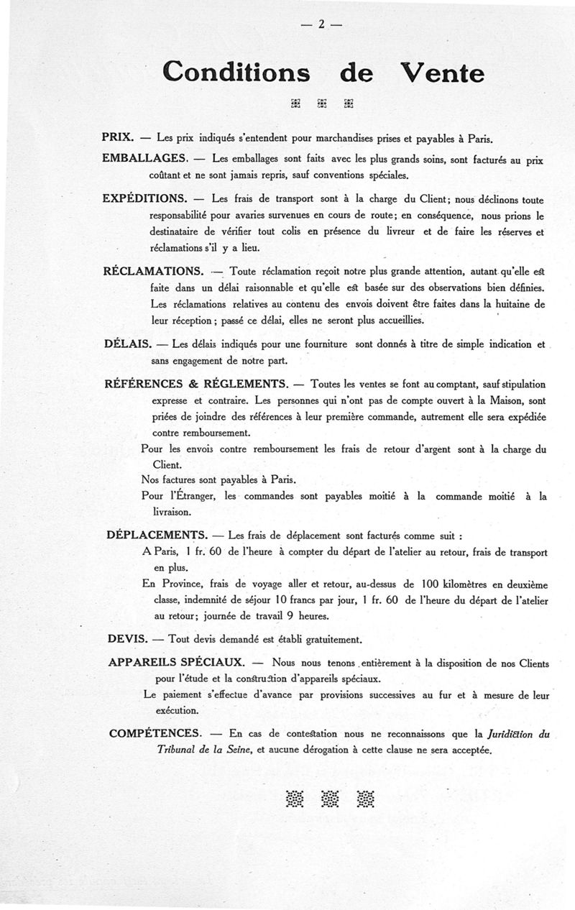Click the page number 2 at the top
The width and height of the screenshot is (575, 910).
[322, 24]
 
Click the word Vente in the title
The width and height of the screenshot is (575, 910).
[441, 72]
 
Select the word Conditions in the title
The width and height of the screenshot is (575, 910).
[236, 72]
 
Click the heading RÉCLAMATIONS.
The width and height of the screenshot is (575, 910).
[153, 271]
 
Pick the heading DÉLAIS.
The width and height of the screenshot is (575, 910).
[126, 344]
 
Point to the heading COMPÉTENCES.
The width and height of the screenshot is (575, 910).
[155, 733]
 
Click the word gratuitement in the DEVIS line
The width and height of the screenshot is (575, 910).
[329, 639]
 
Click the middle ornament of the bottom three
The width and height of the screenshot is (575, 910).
[330, 798]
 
